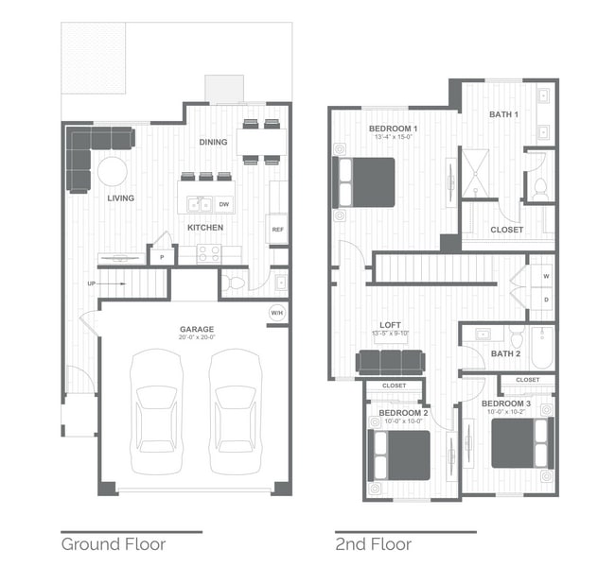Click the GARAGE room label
197,329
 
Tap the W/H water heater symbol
277,313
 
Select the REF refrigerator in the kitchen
278,229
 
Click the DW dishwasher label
223,203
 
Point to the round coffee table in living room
114,172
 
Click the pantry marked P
161,255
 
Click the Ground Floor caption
114,544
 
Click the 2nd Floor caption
373,544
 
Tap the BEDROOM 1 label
393,128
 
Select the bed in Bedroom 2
401,455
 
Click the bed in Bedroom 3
519,442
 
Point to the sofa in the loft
389,361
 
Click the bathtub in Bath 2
541,347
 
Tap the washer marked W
546,276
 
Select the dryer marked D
546,300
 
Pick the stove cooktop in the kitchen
208,253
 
